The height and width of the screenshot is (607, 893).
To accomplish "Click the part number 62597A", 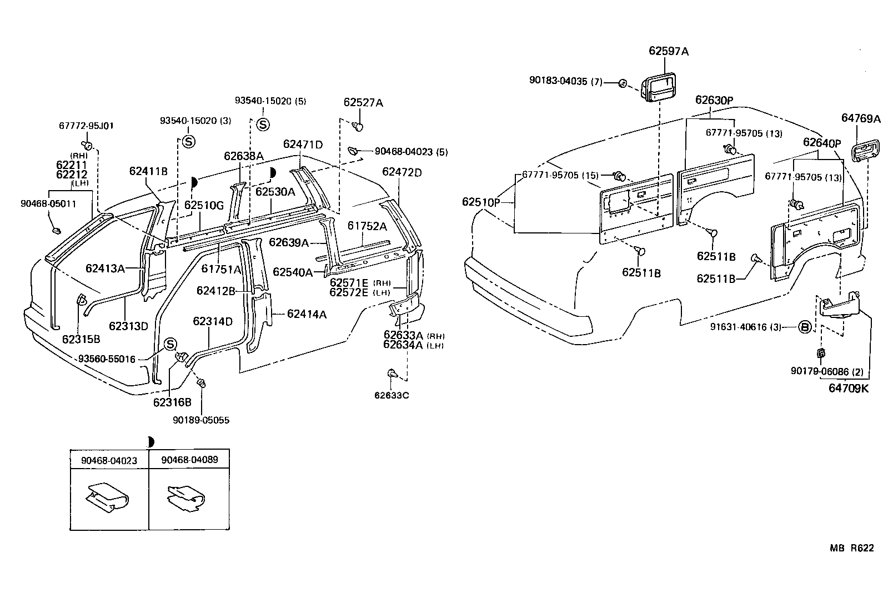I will pyautogui.click(x=669, y=52).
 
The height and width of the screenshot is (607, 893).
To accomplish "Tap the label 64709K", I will pyautogui.click(x=848, y=389).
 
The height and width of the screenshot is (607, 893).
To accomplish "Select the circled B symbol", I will pyautogui.click(x=805, y=327).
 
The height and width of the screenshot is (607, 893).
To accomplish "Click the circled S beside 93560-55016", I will pyautogui.click(x=170, y=345).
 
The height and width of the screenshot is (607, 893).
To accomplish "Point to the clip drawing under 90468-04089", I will pyautogui.click(x=188, y=497).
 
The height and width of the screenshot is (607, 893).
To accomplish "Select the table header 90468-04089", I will pyautogui.click(x=189, y=460).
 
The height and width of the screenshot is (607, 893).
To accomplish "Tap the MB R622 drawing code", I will pyautogui.click(x=852, y=548).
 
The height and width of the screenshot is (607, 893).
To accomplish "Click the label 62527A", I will pyautogui.click(x=363, y=102).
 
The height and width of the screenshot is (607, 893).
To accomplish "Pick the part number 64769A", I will pyautogui.click(x=861, y=118).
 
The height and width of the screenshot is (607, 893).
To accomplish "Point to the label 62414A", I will pyautogui.click(x=307, y=315).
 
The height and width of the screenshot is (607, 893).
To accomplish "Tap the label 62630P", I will pyautogui.click(x=714, y=100).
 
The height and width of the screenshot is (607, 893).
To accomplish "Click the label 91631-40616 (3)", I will pyautogui.click(x=745, y=327).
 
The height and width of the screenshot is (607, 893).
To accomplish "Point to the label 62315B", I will pyautogui.click(x=81, y=339).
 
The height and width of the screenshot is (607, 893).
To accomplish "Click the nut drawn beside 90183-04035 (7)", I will pyautogui.click(x=623, y=83).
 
